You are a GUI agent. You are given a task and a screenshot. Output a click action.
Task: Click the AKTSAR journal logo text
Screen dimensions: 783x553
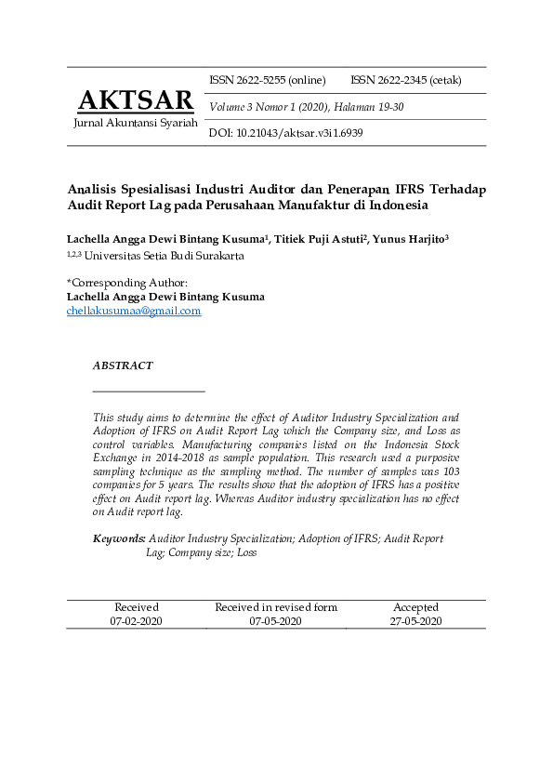[x=136, y=100]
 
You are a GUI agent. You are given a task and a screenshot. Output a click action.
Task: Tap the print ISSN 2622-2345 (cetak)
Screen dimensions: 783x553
[x=405, y=80]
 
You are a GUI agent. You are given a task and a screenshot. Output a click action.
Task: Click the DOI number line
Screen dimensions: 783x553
[x=285, y=133]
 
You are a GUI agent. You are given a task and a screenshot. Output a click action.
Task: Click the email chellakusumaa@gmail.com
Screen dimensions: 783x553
[x=134, y=311]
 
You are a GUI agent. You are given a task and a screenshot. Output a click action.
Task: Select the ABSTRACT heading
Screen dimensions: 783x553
[x=122, y=366]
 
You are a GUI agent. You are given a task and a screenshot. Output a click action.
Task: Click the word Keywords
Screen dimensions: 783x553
[x=119, y=538]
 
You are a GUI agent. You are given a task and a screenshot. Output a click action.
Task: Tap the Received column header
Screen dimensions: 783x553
[x=136, y=607]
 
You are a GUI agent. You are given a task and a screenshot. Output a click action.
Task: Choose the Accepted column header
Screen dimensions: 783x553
[x=415, y=607]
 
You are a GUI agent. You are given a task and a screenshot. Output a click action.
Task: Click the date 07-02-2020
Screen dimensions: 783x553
[x=136, y=621]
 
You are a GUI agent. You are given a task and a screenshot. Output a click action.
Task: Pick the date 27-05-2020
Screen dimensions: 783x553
[x=415, y=621]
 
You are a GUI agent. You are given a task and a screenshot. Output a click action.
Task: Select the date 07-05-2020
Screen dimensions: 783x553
[x=275, y=621]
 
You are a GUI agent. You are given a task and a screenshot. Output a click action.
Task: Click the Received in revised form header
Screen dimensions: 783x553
[x=276, y=607]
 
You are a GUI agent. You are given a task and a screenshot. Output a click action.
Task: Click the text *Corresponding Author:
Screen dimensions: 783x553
[x=127, y=283]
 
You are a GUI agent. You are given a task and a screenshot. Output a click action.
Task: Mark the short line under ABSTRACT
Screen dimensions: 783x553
[x=149, y=391]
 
